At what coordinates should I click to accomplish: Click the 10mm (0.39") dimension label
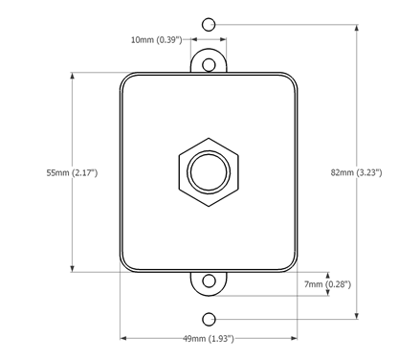tap(157, 40)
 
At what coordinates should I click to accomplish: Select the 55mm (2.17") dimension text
tap(72, 173)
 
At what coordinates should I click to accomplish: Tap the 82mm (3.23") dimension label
tap(356, 172)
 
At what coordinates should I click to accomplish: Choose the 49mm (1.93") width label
tap(209, 339)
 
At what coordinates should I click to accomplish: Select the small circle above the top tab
tap(210, 22)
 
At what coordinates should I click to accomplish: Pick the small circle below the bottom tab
tap(210, 318)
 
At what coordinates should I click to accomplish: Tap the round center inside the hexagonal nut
tap(209, 172)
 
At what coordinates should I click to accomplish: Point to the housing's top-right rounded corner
tap(292, 79)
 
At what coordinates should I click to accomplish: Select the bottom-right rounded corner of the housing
tap(292, 267)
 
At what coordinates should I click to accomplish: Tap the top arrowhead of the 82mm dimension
tap(358, 25)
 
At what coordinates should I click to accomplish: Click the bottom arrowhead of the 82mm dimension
tap(358, 315)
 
